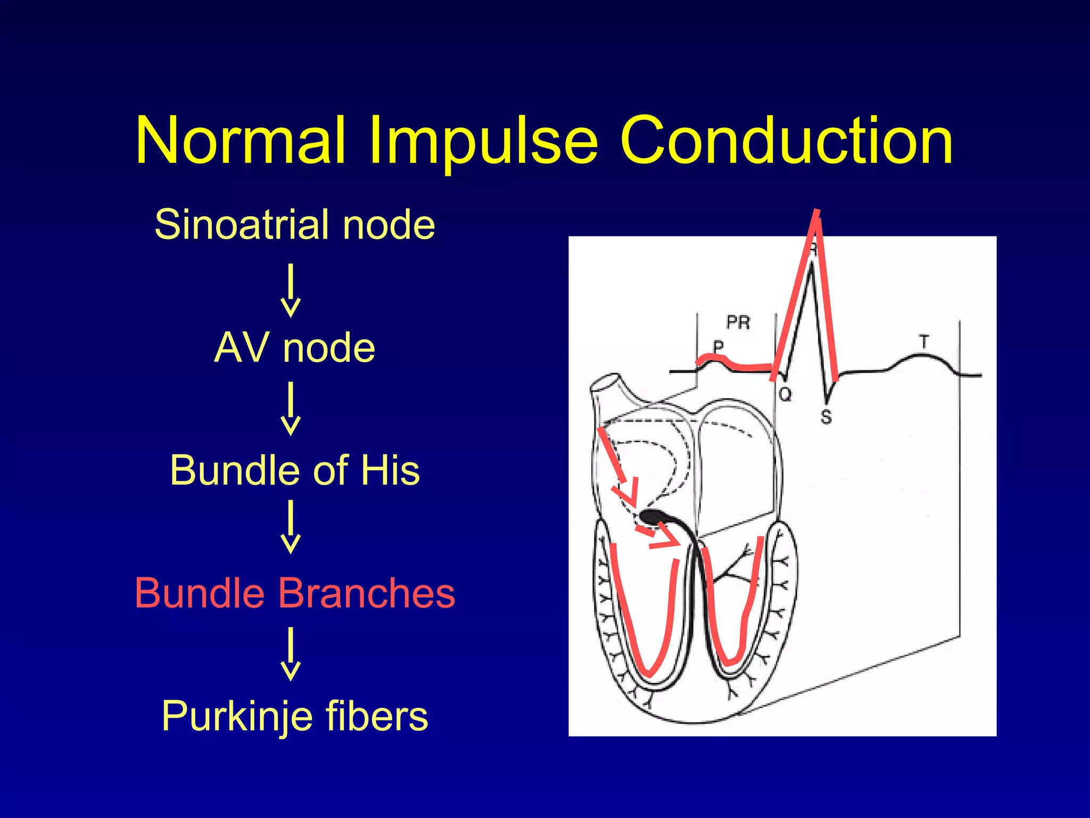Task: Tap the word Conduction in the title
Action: tap(787, 140)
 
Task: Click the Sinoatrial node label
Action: tap(295, 224)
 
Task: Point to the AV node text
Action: tap(295, 347)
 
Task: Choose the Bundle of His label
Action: tap(295, 470)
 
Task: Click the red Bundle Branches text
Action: tap(295, 593)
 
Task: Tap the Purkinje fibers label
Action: tap(295, 716)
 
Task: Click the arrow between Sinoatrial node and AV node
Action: tap(291, 290)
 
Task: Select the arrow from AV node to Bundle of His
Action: tap(291, 408)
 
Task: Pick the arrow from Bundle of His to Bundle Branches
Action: tap(291, 527)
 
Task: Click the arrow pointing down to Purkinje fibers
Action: tap(291, 654)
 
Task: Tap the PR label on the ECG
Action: tap(738, 322)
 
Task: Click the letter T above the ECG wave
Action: tap(924, 341)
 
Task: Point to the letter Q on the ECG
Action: tap(785, 395)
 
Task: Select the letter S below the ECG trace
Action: tap(825, 416)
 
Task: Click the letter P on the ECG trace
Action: tap(719, 347)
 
